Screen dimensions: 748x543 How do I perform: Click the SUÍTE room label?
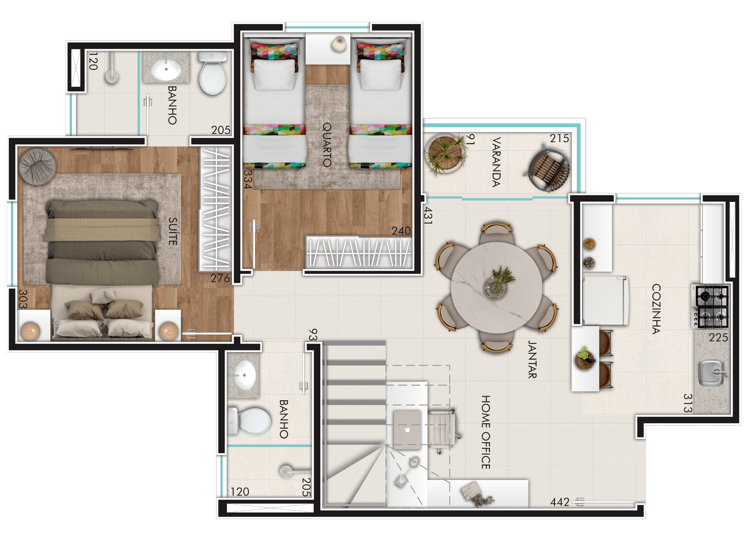pos(173,231)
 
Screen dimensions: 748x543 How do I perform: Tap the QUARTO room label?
pos(327,145)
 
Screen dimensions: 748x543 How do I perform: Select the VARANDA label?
pos(496,162)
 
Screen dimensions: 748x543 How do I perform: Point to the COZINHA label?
pos(656,309)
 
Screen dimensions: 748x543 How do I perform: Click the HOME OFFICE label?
pos(486,432)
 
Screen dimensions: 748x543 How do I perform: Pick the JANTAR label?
pos(532,359)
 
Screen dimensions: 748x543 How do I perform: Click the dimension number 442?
pos(560,502)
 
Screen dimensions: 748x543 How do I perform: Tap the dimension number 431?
pos(428,215)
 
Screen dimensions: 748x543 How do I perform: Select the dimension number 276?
pos(220,278)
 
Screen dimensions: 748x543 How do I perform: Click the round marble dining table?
pos(496,287)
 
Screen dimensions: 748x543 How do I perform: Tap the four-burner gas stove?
pos(711,306)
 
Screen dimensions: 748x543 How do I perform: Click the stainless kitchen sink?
pos(712,372)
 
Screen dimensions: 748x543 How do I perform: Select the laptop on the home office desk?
pos(407,429)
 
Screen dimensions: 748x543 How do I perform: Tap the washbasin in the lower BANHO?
pos(244,375)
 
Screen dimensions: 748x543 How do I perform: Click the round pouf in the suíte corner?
pos(37,167)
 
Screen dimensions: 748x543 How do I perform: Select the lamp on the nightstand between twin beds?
pos(339,44)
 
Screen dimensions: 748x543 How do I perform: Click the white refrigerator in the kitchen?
pos(606,300)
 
